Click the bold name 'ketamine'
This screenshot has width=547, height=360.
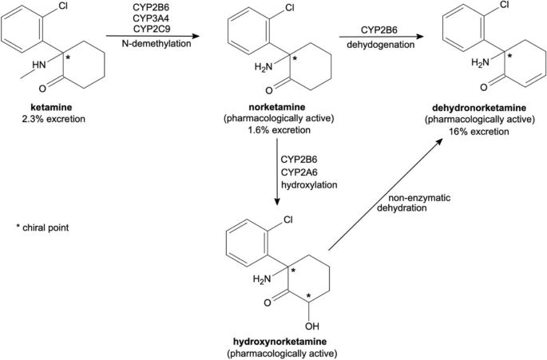tap(45, 107)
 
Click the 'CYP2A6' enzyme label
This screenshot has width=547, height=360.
tap(303, 171)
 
